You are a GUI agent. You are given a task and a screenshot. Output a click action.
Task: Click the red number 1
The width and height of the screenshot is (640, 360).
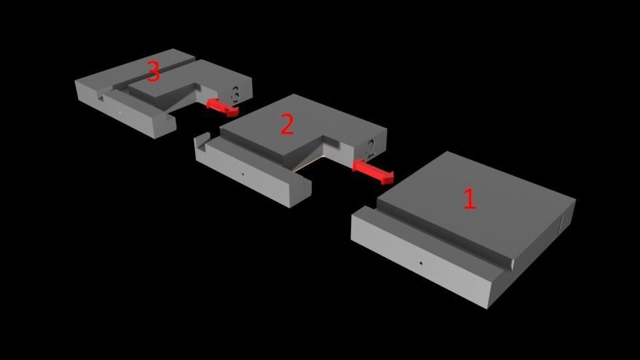(x=469, y=199)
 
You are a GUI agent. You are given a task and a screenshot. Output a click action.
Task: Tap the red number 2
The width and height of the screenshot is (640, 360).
(x=287, y=124)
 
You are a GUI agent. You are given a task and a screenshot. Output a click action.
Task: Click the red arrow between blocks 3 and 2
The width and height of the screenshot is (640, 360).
(x=223, y=107)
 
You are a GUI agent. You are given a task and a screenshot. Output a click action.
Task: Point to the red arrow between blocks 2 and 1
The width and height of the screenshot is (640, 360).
(x=373, y=171)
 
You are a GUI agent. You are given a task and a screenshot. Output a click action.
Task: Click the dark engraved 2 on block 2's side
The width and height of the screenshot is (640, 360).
(x=371, y=149)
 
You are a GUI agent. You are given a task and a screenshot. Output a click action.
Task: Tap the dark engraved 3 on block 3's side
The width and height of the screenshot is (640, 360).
(x=235, y=93)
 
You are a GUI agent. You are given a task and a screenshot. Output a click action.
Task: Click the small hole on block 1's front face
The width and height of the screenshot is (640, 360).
(x=421, y=263)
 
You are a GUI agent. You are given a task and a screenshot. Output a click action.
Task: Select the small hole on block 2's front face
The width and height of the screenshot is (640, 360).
(x=243, y=174)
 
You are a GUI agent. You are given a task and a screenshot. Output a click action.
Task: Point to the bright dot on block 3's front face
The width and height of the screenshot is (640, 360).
(x=119, y=113)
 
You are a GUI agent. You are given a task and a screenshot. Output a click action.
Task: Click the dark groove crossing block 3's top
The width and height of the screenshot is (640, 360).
(x=155, y=73)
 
